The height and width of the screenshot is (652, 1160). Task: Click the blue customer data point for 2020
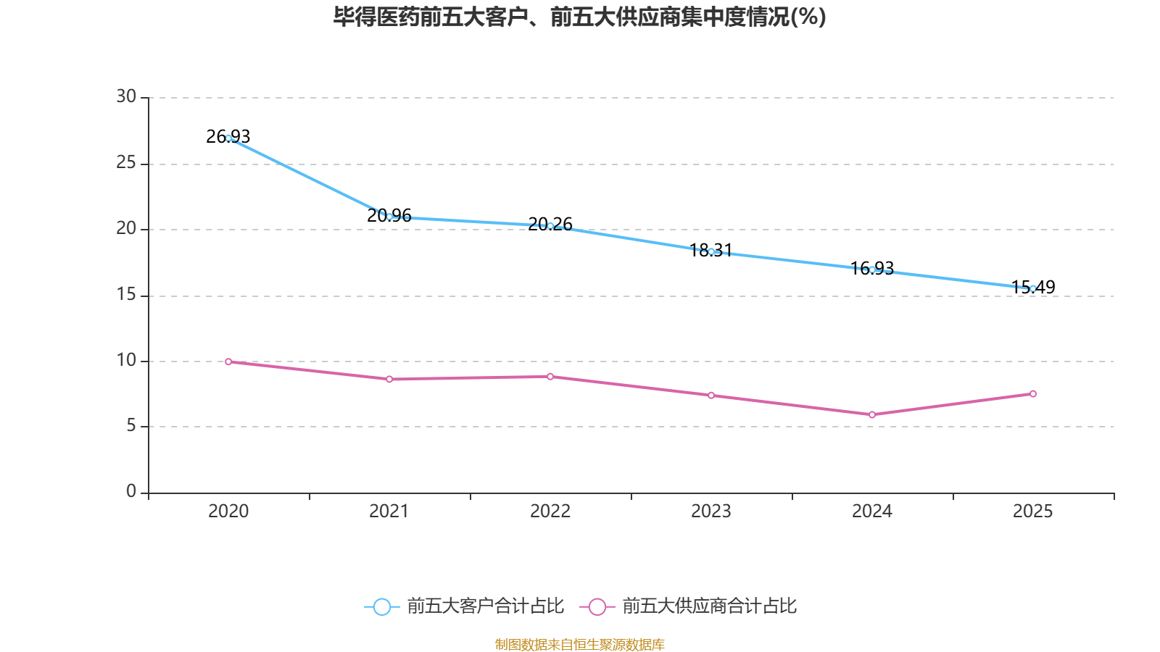tap(228, 138)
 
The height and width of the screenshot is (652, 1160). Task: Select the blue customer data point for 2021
tap(389, 217)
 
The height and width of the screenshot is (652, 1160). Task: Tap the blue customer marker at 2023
tap(711, 251)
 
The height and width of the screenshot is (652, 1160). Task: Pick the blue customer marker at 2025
tap(1033, 288)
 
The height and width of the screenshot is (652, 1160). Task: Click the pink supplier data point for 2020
tap(228, 361)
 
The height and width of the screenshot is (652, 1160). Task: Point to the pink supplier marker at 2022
tap(550, 377)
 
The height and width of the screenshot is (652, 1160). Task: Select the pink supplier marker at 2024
tap(872, 414)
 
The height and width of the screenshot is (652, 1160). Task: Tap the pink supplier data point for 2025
tap(1033, 394)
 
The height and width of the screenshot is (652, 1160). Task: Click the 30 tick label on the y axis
tap(126, 96)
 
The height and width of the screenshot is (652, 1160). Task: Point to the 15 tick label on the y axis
tap(126, 294)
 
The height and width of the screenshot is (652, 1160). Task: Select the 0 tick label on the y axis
tap(131, 491)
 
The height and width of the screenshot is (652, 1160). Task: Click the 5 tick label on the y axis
tap(131, 425)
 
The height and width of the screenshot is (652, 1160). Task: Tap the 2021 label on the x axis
tap(389, 511)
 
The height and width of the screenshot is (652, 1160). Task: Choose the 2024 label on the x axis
tap(872, 511)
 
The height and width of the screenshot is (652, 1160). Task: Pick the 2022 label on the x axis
tap(550, 511)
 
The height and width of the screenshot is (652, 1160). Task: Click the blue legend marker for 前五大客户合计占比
tap(381, 606)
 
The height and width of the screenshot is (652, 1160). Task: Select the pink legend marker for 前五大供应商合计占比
tap(597, 606)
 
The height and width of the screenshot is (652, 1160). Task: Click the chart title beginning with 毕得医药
tap(579, 17)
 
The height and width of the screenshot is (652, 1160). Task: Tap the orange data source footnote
tap(579, 644)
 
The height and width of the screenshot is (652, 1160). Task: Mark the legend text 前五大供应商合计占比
tap(709, 606)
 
